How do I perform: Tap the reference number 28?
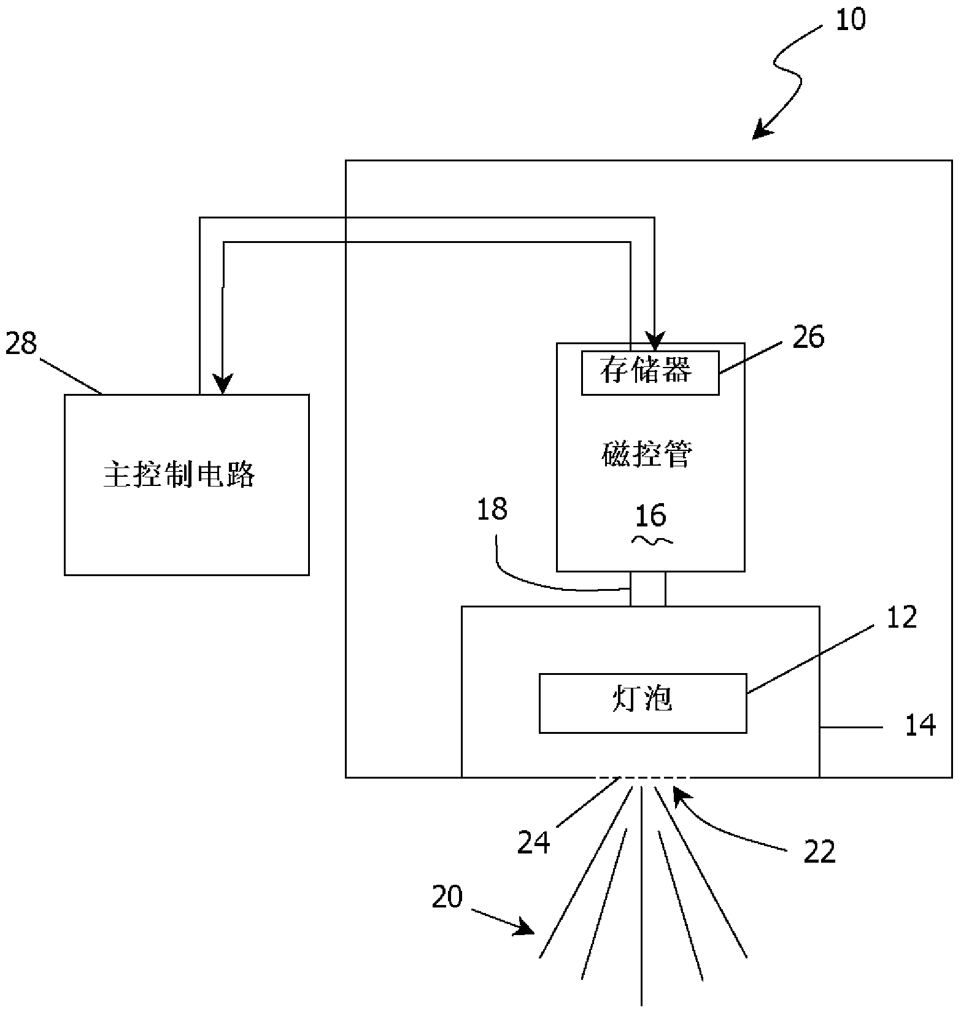coord(21,344)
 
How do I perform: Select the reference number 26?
coord(808,337)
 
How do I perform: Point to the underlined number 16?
coord(650,516)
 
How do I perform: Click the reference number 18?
coord(492,510)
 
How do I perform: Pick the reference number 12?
coord(901,617)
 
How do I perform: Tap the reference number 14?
coord(920,726)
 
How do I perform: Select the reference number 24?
coord(533,842)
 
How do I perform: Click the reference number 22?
coord(820,852)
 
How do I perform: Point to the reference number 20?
coord(447,897)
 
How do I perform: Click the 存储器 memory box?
coord(650,372)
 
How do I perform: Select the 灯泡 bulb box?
coord(643,703)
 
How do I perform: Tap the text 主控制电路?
coord(179,475)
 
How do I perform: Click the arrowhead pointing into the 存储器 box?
coord(655,341)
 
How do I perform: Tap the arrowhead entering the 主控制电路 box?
coord(223,385)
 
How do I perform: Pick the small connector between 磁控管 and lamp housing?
coord(647,588)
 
